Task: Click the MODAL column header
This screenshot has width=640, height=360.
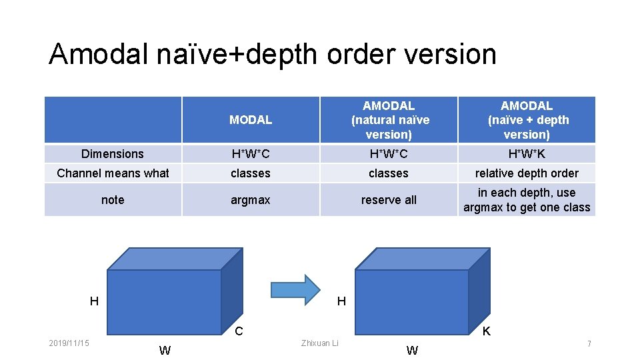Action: [251, 120]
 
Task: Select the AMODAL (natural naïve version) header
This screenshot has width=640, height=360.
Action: [389, 120]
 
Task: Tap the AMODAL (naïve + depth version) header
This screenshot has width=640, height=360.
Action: [527, 120]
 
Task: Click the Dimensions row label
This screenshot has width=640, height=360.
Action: [113, 154]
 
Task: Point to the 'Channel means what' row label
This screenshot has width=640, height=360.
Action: [113, 173]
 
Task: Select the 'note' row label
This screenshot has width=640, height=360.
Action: [113, 200]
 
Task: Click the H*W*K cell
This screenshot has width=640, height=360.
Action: [527, 154]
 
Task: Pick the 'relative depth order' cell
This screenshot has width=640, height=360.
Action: [527, 173]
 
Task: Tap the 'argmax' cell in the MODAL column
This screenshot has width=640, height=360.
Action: [251, 200]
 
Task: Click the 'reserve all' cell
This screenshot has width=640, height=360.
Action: [389, 200]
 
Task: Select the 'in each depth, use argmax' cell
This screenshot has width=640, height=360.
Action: [527, 200]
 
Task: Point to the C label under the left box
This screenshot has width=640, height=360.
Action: [239, 331]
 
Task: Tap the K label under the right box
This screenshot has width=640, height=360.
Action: [487, 331]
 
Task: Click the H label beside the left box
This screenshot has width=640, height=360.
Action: [94, 301]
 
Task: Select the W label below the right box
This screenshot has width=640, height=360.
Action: [413, 351]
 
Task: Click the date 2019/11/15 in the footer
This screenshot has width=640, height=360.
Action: [69, 343]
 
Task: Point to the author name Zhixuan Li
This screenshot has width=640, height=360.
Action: [320, 343]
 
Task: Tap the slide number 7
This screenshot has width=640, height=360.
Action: [589, 343]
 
